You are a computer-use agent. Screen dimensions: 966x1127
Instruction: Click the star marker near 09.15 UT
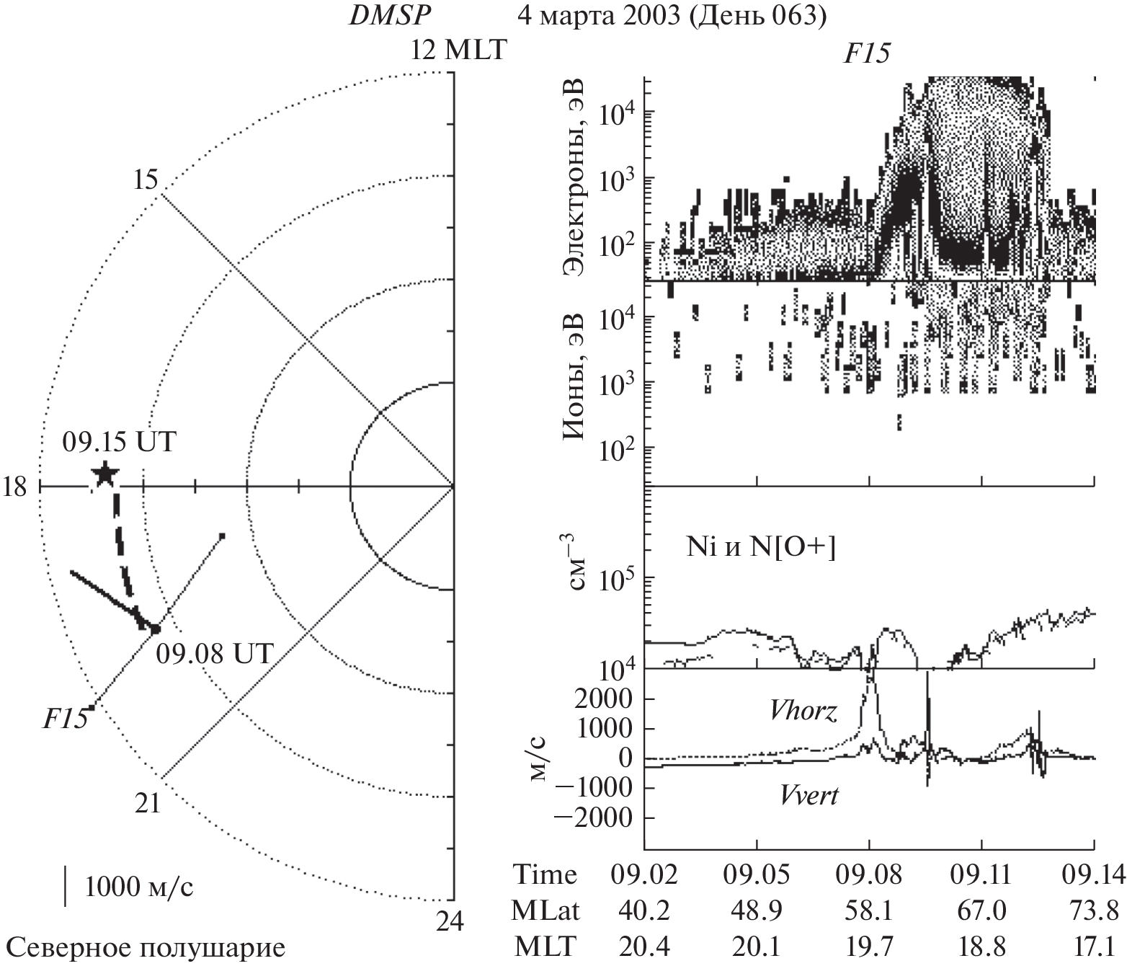pos(104,474)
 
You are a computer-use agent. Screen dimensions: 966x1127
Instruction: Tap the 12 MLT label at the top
pos(458,51)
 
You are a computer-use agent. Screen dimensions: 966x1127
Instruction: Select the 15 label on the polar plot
pos(146,180)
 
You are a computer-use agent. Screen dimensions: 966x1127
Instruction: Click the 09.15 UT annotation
pos(118,441)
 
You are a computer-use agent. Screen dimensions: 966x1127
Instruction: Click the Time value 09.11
pos(981,875)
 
